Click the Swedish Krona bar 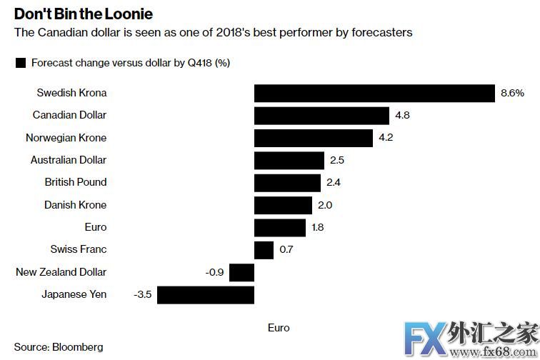[374, 93]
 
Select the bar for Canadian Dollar [321, 115]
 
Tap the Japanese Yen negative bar [206, 294]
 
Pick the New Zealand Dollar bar [242, 272]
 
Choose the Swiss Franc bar [264, 249]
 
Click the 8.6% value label [513, 93]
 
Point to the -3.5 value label [143, 294]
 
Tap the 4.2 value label [386, 138]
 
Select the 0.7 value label [286, 249]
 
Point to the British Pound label [75, 182]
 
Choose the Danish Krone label [75, 205]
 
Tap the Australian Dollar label [68, 160]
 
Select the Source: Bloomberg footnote [59, 347]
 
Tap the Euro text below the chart [279, 328]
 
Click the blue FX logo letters [423, 336]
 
